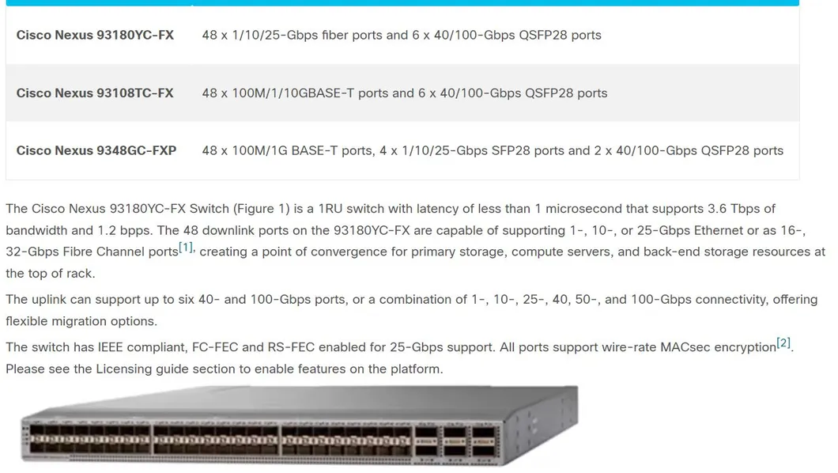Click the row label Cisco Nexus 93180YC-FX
tap(95, 36)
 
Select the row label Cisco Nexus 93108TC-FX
tap(95, 93)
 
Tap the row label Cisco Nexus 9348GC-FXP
tap(96, 151)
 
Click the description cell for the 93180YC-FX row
tap(402, 36)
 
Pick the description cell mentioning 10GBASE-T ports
tap(405, 93)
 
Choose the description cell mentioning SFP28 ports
tap(493, 151)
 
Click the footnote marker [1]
tap(186, 248)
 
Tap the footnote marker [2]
tap(783, 343)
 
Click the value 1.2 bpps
tap(125, 230)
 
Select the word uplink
tap(49, 300)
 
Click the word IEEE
tap(110, 347)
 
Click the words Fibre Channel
tap(94, 252)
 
